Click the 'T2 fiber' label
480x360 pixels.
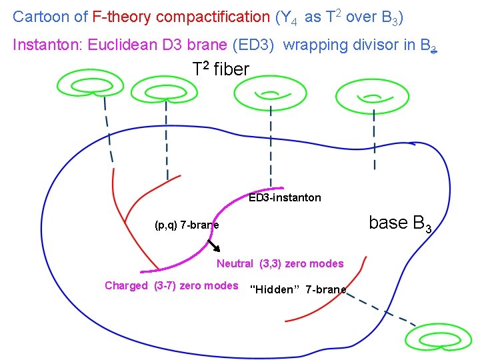[220, 68]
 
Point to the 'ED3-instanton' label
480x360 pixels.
[285, 197]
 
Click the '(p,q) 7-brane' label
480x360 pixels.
[186, 225]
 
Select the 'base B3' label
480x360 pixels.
[400, 223]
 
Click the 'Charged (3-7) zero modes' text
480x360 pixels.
[171, 285]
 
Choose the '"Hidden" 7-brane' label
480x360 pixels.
[297, 289]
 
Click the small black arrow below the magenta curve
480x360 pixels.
[214, 249]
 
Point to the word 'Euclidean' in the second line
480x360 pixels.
[100, 45]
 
